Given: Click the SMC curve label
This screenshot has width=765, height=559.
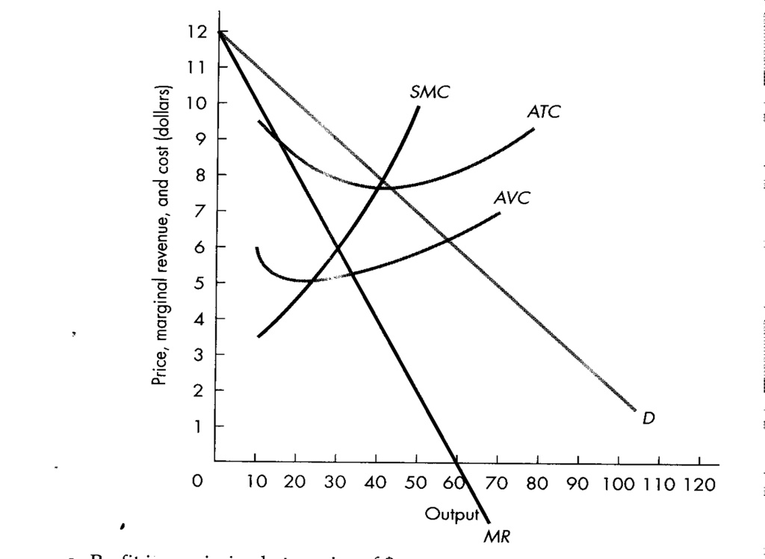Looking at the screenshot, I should pyautogui.click(x=430, y=92).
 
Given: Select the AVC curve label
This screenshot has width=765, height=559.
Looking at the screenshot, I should pyautogui.click(x=512, y=198).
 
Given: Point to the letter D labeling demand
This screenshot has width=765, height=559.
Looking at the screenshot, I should pyautogui.click(x=648, y=419).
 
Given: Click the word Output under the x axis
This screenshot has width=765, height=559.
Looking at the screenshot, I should pyautogui.click(x=450, y=514).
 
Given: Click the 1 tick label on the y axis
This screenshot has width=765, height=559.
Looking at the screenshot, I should pyautogui.click(x=199, y=426).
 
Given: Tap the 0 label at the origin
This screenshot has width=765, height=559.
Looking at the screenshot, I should pyautogui.click(x=196, y=483).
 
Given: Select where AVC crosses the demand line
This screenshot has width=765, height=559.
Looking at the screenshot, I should pyautogui.click(x=448, y=239).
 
